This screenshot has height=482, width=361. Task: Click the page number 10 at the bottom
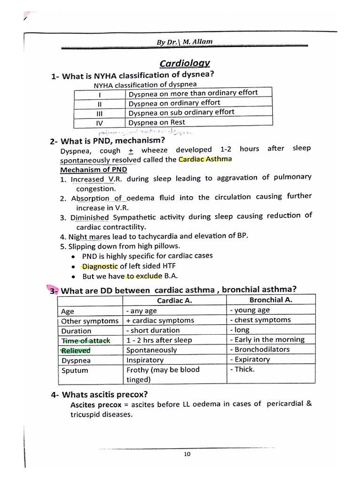click(187, 454)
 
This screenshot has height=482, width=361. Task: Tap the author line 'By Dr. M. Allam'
click(184, 42)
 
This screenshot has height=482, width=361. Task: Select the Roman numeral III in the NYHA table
click(99, 113)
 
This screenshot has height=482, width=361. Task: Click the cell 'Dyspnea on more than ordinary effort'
click(193, 93)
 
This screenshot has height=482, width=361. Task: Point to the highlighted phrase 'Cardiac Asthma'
click(205, 159)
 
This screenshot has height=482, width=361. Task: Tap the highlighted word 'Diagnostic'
click(100, 266)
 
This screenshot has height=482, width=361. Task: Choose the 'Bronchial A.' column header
click(271, 300)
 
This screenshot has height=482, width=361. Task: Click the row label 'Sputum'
click(75, 370)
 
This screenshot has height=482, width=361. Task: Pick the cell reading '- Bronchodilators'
click(259, 349)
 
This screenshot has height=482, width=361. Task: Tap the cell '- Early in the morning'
click(267, 339)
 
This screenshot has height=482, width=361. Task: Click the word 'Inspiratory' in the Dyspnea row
click(145, 360)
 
